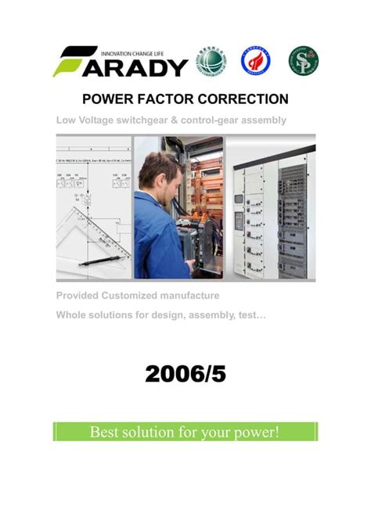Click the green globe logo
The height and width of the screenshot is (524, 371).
click(211, 59)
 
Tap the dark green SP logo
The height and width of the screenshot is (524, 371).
click(304, 59)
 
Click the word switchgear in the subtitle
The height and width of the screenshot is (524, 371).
click(153, 120)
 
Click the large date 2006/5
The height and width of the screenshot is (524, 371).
click(185, 375)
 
